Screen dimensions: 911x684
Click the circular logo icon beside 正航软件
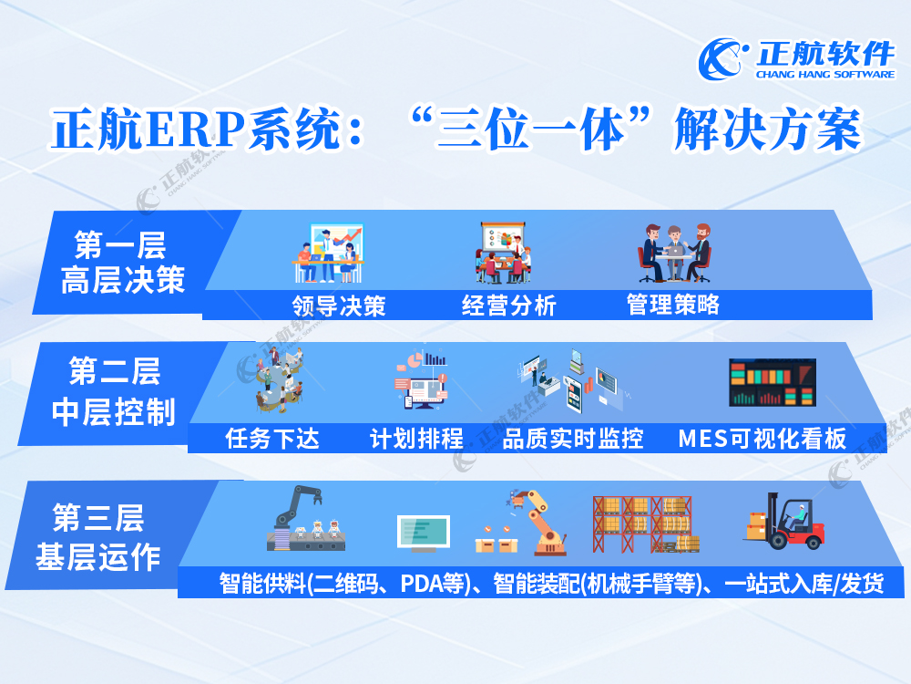click(x=721, y=58)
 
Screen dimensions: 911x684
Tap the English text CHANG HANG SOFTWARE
click(x=825, y=75)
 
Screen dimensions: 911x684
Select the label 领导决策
click(x=339, y=306)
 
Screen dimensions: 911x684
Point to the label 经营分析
click(x=509, y=306)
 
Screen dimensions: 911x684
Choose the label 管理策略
click(x=673, y=305)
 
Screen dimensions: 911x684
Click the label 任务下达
click(x=271, y=439)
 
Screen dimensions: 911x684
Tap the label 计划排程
click(x=416, y=439)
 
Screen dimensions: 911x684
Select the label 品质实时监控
click(x=573, y=439)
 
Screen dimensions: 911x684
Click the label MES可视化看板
click(x=763, y=439)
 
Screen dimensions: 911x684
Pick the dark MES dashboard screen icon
click(x=773, y=383)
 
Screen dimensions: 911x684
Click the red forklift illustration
click(x=785, y=521)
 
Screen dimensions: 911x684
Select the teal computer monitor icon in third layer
click(x=424, y=534)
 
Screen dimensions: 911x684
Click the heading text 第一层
click(x=120, y=244)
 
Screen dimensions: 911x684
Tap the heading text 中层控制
click(x=114, y=412)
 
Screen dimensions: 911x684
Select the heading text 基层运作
click(x=98, y=556)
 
